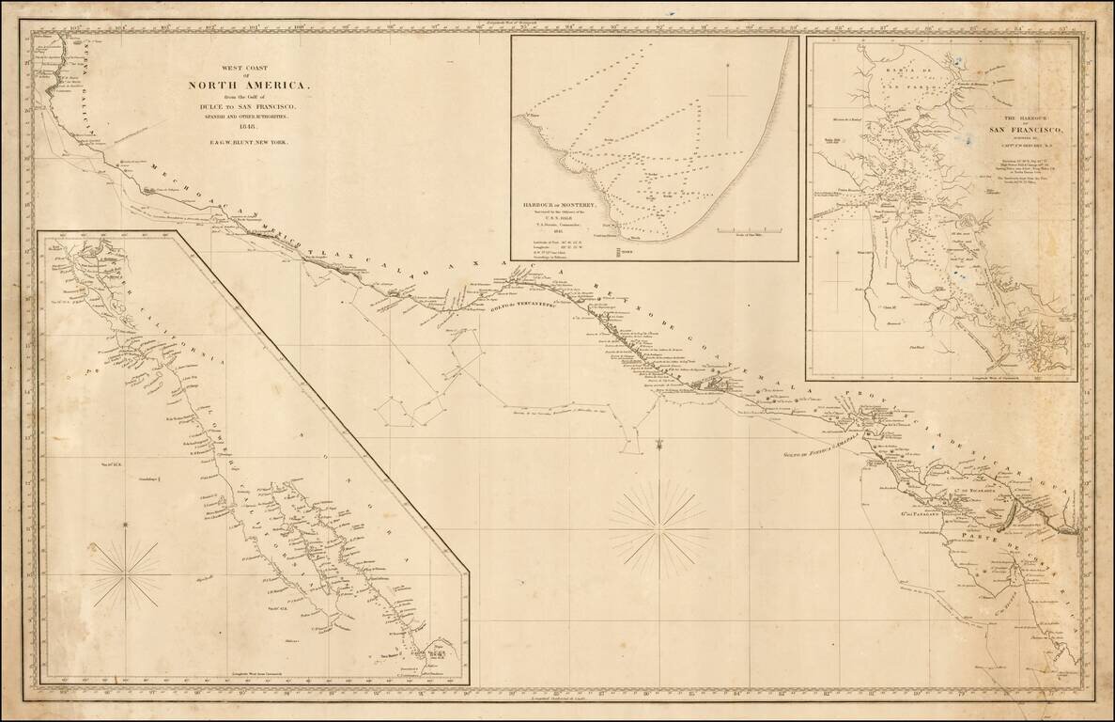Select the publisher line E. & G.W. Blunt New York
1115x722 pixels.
245,142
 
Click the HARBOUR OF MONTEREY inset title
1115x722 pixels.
560,203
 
